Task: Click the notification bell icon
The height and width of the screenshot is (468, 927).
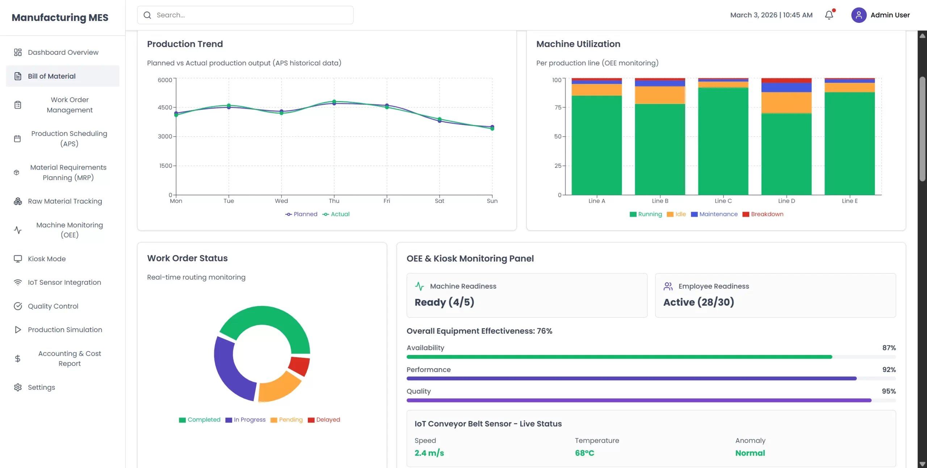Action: pyautogui.click(x=829, y=15)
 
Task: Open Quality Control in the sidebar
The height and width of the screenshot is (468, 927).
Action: pyautogui.click(x=53, y=306)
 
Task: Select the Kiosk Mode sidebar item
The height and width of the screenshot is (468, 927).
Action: pyautogui.click(x=47, y=259)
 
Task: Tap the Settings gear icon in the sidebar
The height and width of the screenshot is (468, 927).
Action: pyautogui.click(x=18, y=387)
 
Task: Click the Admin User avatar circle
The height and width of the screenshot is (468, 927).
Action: pyautogui.click(x=859, y=15)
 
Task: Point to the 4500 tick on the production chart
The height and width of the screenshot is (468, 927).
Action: pyautogui.click(x=165, y=107)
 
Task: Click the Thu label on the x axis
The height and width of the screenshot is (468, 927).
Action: pyautogui.click(x=334, y=201)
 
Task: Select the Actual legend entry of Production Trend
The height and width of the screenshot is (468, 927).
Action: pyautogui.click(x=336, y=214)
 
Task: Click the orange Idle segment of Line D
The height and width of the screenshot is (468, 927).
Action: pyautogui.click(x=786, y=103)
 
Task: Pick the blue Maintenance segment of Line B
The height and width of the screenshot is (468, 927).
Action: pyautogui.click(x=660, y=83)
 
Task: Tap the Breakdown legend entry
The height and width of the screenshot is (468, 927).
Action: pyautogui.click(x=763, y=214)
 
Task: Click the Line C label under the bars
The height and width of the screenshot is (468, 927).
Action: pyautogui.click(x=723, y=201)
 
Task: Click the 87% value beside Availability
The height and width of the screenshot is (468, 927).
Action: pyautogui.click(x=889, y=348)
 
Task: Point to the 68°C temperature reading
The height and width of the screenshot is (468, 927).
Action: pyautogui.click(x=584, y=453)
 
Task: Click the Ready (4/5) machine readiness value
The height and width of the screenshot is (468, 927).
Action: pyautogui.click(x=444, y=302)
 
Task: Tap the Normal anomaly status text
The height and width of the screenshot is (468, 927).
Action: pyautogui.click(x=750, y=453)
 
